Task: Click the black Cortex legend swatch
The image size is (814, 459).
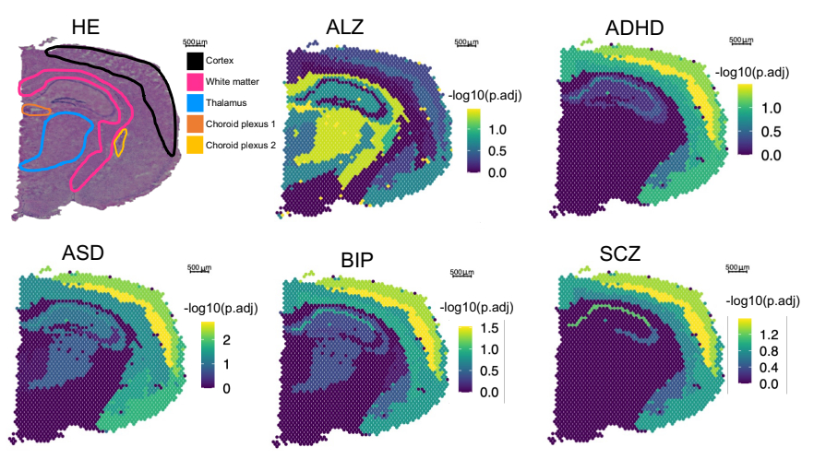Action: tap(195, 61)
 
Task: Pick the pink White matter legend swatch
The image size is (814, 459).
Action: tap(195, 82)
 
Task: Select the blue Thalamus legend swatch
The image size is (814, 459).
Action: tap(195, 103)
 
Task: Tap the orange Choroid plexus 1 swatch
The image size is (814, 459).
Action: tap(195, 124)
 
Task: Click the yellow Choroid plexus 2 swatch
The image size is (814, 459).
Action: tap(195, 146)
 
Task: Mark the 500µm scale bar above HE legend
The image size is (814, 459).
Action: tap(194, 43)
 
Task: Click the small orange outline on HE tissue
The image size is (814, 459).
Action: tap(35, 110)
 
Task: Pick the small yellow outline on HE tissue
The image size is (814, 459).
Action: tap(119, 142)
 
